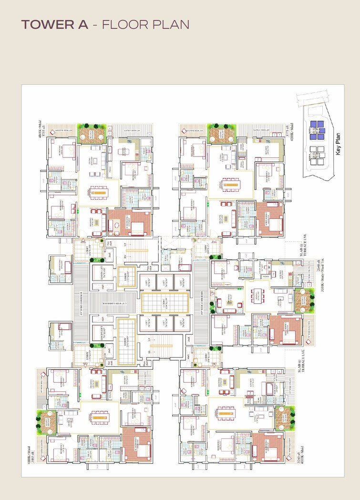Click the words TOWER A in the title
tap(54, 25)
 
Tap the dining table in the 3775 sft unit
tap(231, 184)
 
